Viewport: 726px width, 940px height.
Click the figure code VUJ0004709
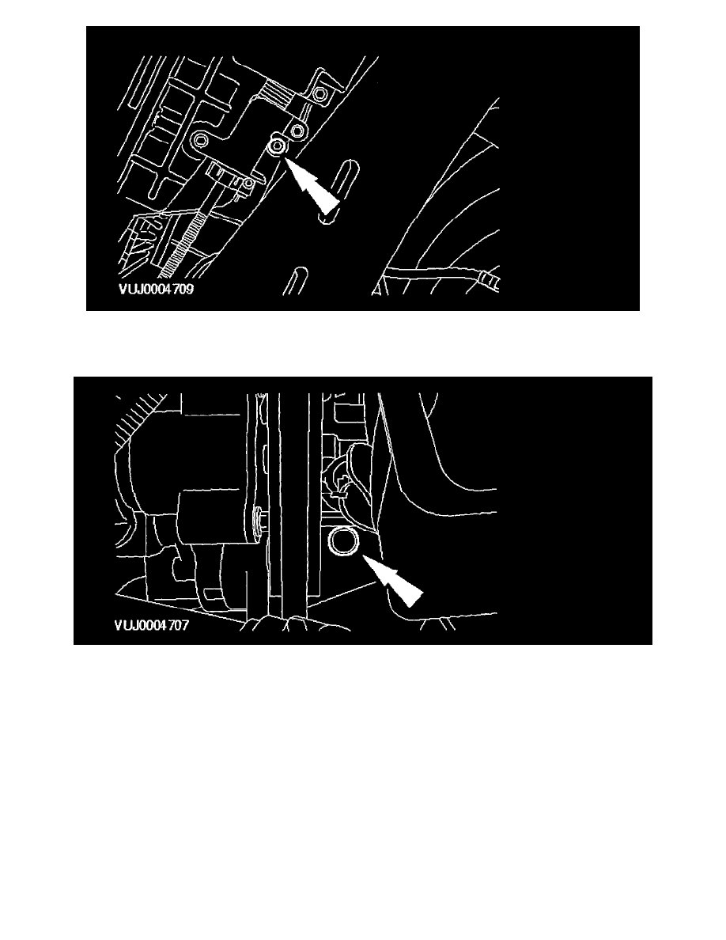pos(156,289)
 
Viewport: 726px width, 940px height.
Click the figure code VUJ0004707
pos(152,625)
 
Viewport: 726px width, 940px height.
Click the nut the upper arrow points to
pos(278,146)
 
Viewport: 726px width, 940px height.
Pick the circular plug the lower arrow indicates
pos(345,540)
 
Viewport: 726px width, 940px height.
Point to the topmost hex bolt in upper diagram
pos(320,94)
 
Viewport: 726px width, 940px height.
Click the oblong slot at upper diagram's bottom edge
pos(296,281)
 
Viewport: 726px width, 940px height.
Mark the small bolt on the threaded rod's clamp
pos(248,184)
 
